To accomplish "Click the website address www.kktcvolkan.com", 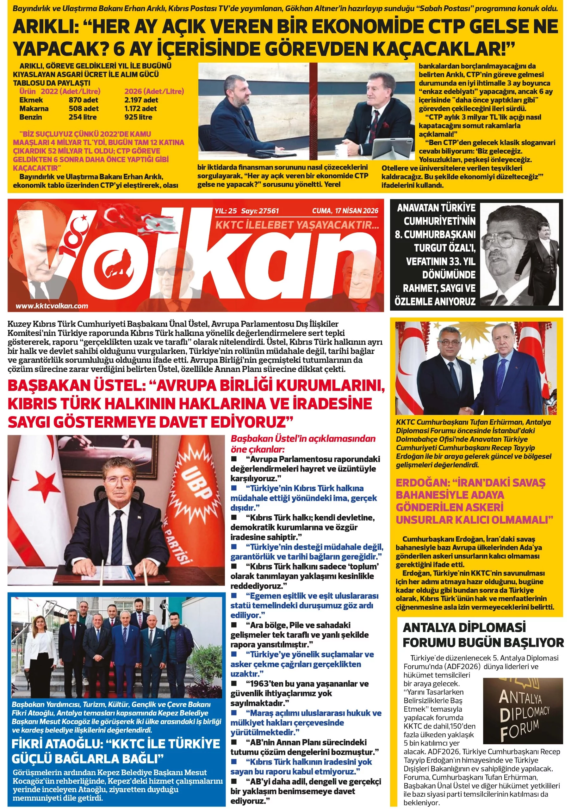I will [x=52, y=306].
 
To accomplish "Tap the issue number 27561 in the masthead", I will [x=269, y=211].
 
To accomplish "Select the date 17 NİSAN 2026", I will [x=357, y=211].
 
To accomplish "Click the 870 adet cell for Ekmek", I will [x=83, y=100].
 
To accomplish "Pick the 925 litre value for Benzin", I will [x=138, y=117].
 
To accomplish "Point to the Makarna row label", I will [x=34, y=108].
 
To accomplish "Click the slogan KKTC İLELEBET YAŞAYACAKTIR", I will [x=297, y=225].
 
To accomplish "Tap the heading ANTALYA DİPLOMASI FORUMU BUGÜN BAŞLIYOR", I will [x=482, y=635].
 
